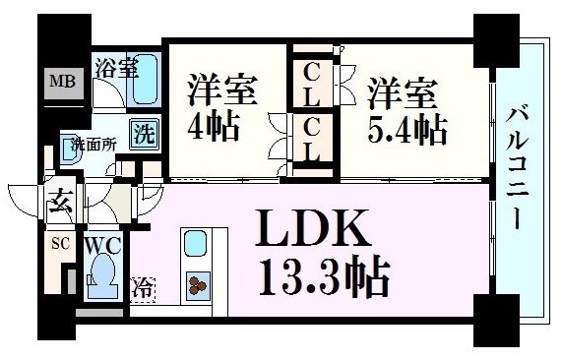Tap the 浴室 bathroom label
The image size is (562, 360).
(x=116, y=68)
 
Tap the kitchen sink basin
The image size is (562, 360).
(x=195, y=245)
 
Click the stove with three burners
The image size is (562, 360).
(x=197, y=284)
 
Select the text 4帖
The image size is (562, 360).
(x=209, y=128)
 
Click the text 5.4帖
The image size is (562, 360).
(x=406, y=129)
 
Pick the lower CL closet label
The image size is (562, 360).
(x=310, y=139)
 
